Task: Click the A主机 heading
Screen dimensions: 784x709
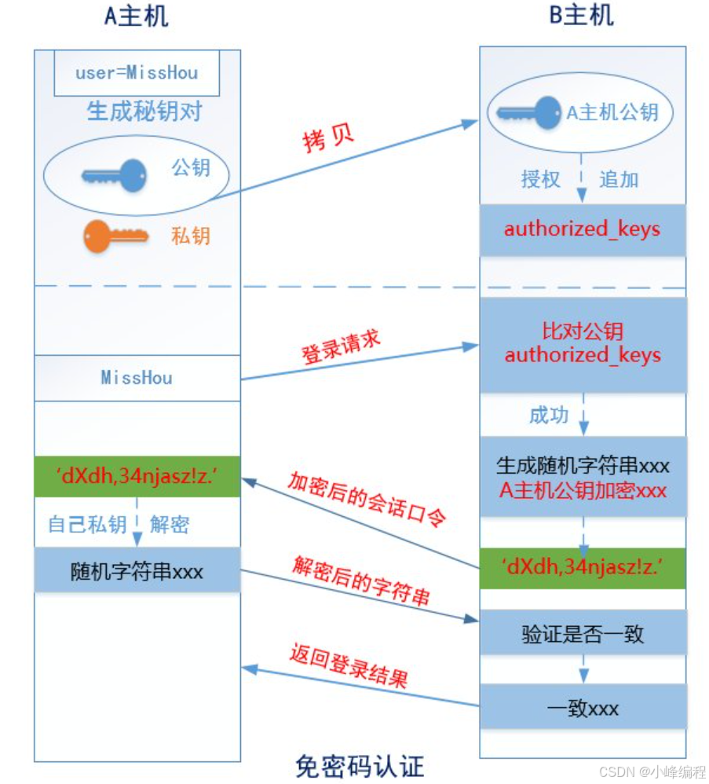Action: (136, 16)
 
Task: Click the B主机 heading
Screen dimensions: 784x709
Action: (581, 16)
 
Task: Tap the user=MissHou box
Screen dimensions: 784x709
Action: (136, 74)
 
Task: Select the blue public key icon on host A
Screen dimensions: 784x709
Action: (115, 175)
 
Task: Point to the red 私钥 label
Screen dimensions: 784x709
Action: (191, 235)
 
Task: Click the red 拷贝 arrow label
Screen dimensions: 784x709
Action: (327, 139)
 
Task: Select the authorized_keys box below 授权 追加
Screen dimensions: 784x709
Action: (582, 229)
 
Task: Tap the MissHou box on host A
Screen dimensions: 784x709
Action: (137, 378)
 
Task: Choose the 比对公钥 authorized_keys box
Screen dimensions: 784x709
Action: (582, 344)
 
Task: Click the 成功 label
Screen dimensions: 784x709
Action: (548, 415)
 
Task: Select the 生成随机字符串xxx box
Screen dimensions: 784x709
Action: (582, 477)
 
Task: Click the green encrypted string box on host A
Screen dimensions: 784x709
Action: (137, 475)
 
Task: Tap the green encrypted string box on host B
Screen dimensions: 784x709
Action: (582, 567)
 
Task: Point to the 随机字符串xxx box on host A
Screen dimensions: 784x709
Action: (137, 570)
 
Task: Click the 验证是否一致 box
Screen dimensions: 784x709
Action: (582, 632)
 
